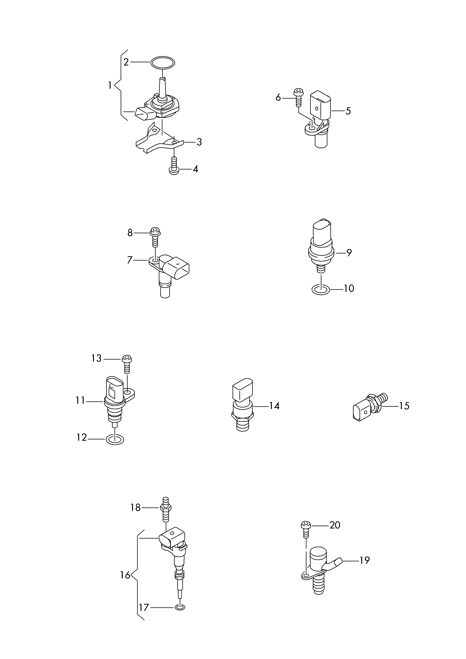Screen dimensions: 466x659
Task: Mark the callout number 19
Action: (364, 560)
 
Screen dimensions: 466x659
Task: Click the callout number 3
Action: (199, 142)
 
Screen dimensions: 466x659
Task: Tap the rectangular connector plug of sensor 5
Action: (320, 105)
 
